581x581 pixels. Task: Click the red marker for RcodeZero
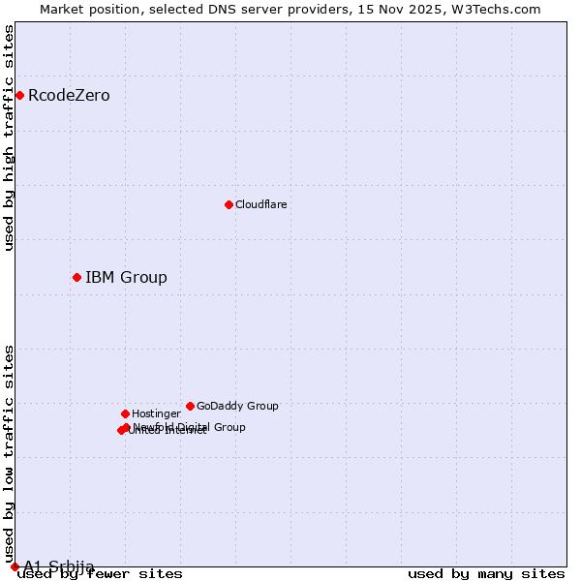tap(19, 95)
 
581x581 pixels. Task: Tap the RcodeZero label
tap(69, 96)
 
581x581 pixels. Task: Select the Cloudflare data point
tap(229, 204)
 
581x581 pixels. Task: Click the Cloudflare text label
tap(261, 205)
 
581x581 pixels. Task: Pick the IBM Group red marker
tap(76, 278)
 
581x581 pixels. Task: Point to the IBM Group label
tap(126, 278)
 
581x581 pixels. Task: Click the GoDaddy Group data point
tap(190, 406)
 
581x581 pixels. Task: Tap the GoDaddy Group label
tap(237, 407)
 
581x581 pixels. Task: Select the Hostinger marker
tap(125, 413)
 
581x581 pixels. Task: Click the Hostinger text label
tap(156, 414)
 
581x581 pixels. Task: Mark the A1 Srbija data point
tap(15, 566)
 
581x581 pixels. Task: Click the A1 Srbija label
tap(59, 566)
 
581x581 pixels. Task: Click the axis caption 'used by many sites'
tap(486, 574)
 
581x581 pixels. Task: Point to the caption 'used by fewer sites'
tap(101, 574)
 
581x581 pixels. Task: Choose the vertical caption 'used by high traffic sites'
tap(10, 138)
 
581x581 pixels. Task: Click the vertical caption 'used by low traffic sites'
tap(10, 454)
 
